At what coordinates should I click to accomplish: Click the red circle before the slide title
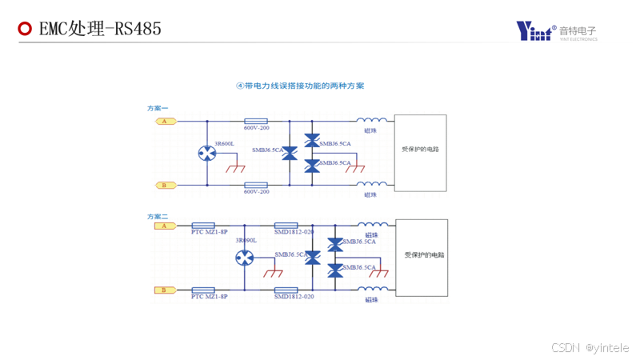[x=25, y=30]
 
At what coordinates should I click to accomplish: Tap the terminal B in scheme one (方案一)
[x=165, y=186]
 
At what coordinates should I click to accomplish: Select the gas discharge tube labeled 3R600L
[x=208, y=153]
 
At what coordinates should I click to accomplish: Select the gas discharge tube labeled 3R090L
[x=245, y=258]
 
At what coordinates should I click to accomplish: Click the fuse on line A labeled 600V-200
[x=255, y=122]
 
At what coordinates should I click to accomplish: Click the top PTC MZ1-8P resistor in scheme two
[x=204, y=226]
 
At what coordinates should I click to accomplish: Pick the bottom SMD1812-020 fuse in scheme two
[x=286, y=290]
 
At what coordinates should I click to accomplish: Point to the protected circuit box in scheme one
[x=421, y=153]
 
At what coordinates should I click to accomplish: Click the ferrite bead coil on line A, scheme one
[x=372, y=120]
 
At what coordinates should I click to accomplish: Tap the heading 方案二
[x=158, y=217]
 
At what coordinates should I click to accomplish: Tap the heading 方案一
[x=158, y=108]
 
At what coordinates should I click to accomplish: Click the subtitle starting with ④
[x=300, y=85]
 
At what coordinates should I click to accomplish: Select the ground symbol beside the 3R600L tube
[x=235, y=169]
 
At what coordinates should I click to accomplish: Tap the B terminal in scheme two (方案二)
[x=165, y=290]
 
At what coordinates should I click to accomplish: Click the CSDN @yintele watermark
[x=590, y=348]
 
